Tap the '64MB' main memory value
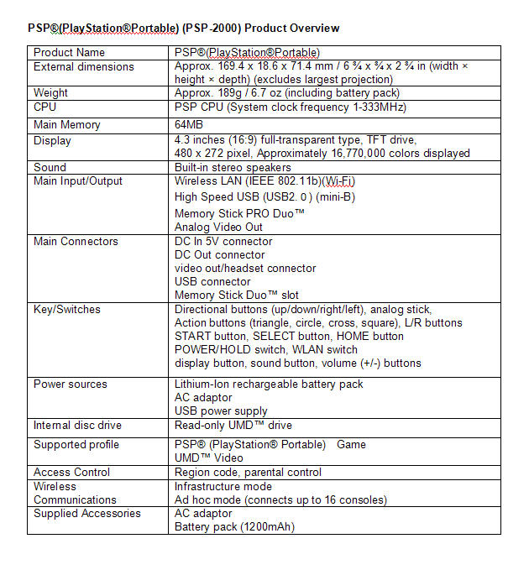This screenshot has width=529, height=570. (189, 125)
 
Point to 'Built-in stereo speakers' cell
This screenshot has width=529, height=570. (233, 168)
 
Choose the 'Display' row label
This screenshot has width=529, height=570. (52, 141)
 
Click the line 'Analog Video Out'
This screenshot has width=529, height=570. (218, 227)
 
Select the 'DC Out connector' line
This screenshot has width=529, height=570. (219, 255)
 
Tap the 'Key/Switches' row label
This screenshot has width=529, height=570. (66, 310)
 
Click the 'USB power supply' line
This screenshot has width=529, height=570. (221, 411)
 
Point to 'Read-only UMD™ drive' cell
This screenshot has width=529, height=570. (233, 426)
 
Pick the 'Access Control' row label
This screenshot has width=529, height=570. (71, 473)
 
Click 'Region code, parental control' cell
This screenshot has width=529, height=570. (248, 473)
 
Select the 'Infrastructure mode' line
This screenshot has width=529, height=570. (223, 487)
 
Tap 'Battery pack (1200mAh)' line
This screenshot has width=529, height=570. (234, 527)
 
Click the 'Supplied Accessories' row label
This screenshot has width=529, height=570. (86, 514)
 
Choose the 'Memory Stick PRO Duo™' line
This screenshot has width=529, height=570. (239, 213)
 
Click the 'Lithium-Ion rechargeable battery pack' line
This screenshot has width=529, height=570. (269, 384)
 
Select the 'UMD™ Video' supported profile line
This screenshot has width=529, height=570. (208, 458)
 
